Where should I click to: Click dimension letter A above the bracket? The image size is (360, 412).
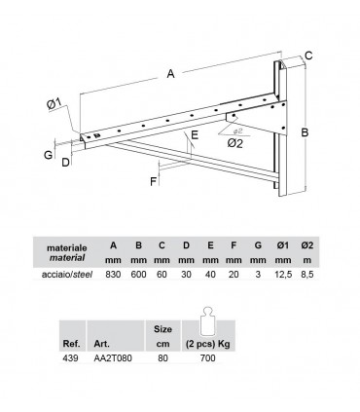pos(170,74)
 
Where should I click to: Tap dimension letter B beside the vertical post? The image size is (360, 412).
pos(305,132)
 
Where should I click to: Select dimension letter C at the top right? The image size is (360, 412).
pos(308,56)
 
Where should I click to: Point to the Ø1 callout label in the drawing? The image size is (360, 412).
pos(54,104)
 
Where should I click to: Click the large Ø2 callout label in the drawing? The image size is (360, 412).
pos(234,143)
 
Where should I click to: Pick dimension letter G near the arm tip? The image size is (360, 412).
pos(48,155)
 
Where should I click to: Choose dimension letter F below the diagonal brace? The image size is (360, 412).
pos(154,181)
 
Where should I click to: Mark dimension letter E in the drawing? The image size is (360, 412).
pos(195,134)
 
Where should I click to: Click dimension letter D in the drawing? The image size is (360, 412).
pos(65,162)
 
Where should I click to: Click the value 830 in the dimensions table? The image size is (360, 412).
pos(113,275)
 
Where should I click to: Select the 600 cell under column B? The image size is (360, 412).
pos(138,275)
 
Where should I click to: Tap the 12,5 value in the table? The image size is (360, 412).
pos(282,275)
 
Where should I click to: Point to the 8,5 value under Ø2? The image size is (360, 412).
pos(307,275)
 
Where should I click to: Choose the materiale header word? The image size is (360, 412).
pos(67,248)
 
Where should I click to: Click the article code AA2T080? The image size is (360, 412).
pos(113,358)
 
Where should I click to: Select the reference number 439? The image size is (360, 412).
pos(70,358)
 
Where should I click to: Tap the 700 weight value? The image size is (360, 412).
pos(208,358)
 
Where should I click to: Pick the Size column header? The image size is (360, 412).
pos(162,329)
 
